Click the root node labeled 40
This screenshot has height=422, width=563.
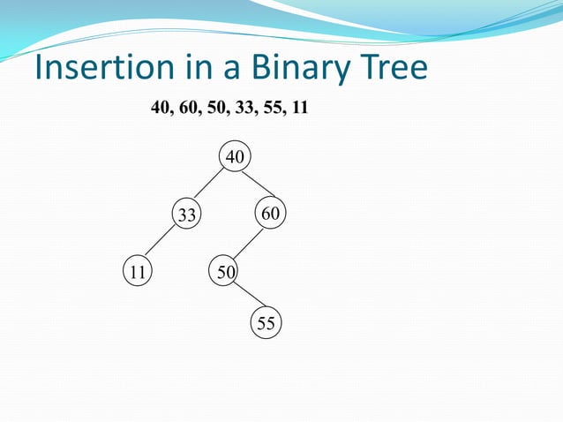pos(235,157)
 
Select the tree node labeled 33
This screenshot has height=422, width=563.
pos(186,215)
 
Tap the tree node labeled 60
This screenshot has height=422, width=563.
pos(270,213)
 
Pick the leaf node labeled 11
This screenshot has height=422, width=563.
pos(137,271)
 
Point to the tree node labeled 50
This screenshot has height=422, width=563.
pos(224,271)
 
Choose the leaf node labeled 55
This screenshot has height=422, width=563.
pos(266,324)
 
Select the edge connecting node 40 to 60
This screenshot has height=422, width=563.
pos(258,185)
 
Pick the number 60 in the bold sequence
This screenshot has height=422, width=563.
pos(187,109)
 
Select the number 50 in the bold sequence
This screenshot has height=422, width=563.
pos(214,109)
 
